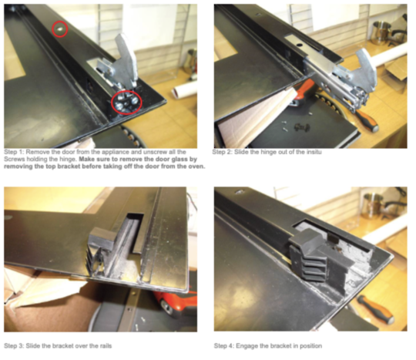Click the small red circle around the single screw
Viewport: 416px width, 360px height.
59,29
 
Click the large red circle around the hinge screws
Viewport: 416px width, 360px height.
126,101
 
